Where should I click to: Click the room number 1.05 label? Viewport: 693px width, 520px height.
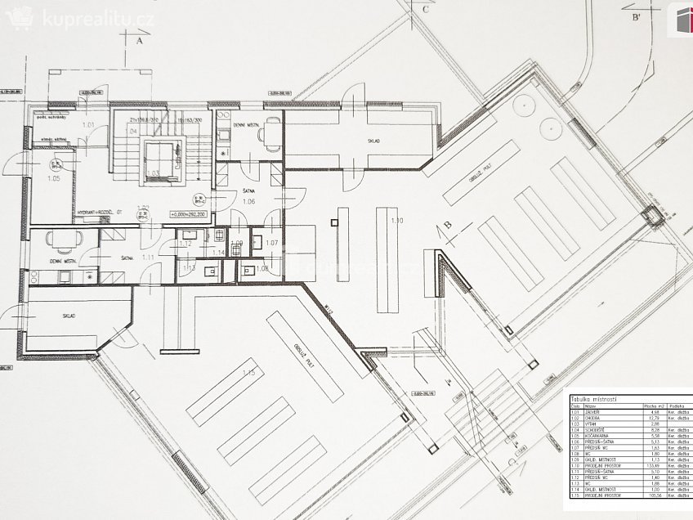point(55,178)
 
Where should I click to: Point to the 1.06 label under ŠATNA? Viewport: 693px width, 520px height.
point(249,201)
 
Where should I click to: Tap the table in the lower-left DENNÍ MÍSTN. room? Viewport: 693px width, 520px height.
point(63,239)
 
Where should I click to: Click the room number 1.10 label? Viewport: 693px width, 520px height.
point(397,222)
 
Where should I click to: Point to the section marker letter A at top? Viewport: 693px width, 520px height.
point(139,38)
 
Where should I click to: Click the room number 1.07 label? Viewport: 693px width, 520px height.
point(272,243)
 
